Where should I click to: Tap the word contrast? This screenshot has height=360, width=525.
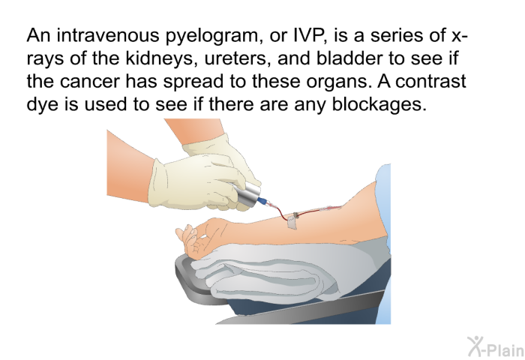click(431, 81)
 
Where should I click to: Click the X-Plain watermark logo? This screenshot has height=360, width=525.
click(496, 346)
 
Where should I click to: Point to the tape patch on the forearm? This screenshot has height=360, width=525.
click(293, 221)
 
